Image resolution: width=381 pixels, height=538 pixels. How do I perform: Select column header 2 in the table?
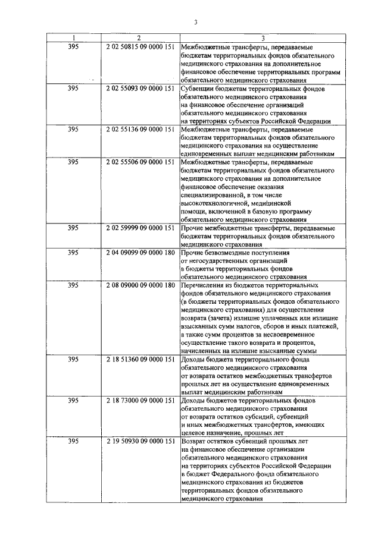pyautogui.click(x=138, y=38)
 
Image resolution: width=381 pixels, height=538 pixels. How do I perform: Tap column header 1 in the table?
pyautogui.click(x=73, y=38)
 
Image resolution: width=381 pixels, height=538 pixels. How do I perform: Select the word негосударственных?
pyautogui.click(x=220, y=261)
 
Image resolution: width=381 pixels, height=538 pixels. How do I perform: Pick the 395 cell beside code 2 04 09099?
pyautogui.click(x=73, y=253)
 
